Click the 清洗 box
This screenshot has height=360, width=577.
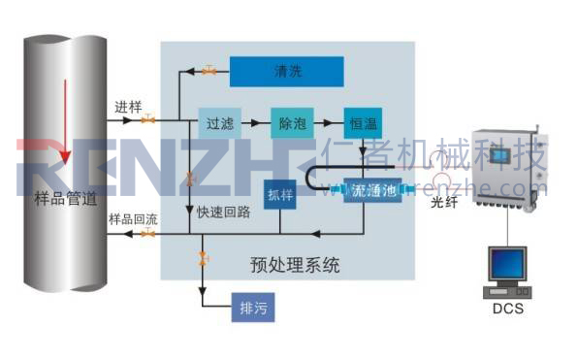coord(286,70)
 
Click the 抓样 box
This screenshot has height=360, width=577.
coord(279,195)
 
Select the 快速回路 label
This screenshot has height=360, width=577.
coord(223,212)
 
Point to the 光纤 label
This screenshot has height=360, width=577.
coord(443,204)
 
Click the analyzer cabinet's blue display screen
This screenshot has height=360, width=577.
coord(500,154)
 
